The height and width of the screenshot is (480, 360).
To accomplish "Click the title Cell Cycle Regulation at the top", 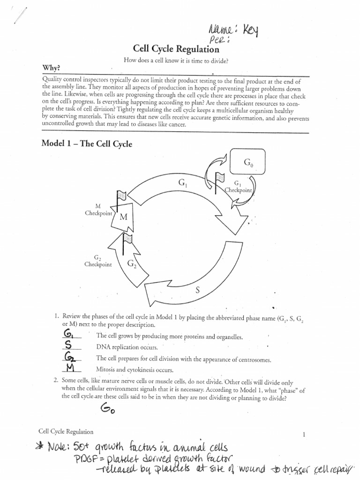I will point(176,49).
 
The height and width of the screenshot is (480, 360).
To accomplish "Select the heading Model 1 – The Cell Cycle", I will point(87,144).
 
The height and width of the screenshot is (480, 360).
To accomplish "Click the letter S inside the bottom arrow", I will point(197,290).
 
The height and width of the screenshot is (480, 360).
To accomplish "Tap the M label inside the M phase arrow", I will point(123,217).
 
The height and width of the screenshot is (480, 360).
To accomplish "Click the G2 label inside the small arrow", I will point(132,263).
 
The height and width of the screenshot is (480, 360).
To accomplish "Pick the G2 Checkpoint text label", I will point(98,261).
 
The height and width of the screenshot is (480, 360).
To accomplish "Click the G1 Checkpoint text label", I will point(238,187).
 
